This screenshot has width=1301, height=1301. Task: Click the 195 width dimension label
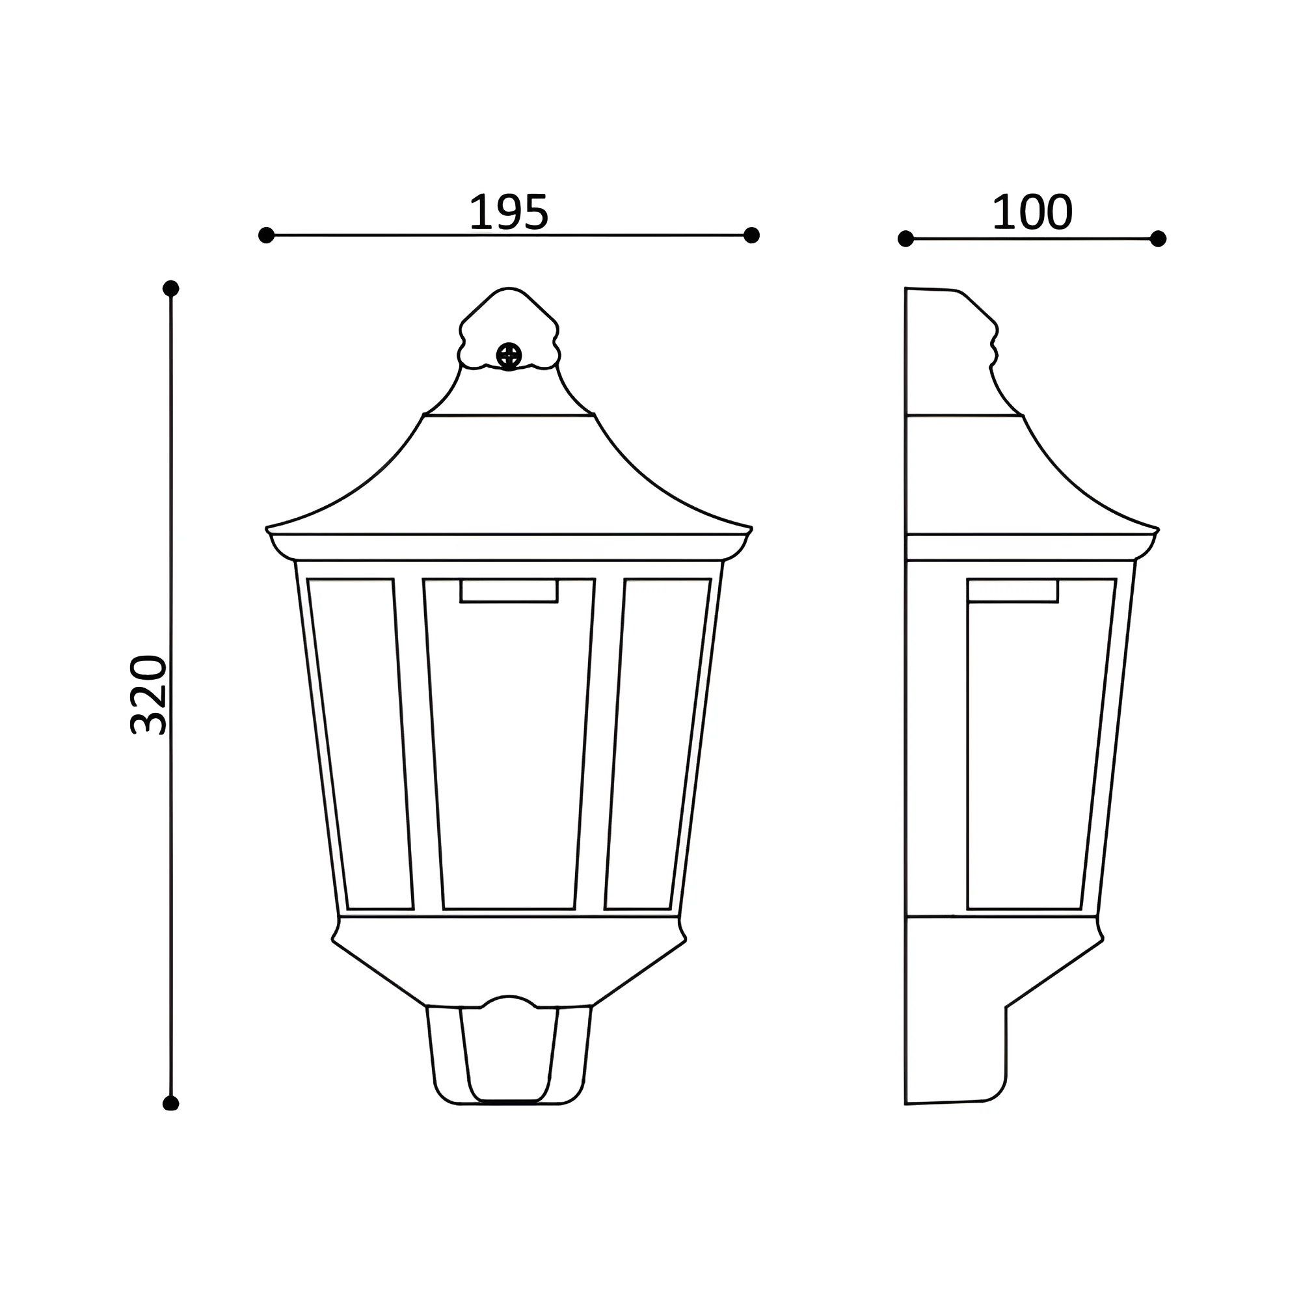coord(509,212)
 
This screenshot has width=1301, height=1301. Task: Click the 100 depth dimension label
coord(1032,212)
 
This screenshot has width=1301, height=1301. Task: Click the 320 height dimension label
coord(148,693)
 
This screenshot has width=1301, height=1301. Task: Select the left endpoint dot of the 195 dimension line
coord(266,235)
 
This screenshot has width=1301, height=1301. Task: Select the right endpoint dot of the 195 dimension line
coord(751,235)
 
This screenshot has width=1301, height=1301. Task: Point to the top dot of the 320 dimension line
coord(171,288)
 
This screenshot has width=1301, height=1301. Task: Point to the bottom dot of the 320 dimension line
coord(171,1103)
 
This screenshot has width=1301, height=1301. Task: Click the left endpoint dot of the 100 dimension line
coord(905,238)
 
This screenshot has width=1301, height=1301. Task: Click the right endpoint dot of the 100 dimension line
coord(1159,238)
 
